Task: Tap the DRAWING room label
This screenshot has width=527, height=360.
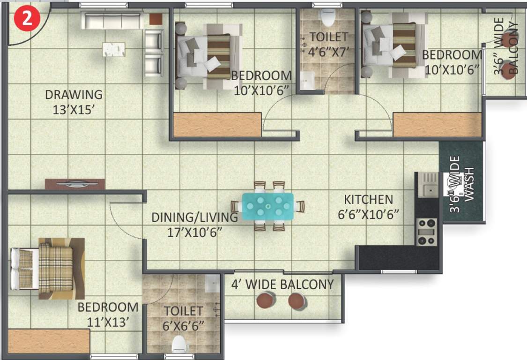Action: pyautogui.click(x=74, y=95)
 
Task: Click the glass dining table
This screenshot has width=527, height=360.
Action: pyautogui.click(x=267, y=206)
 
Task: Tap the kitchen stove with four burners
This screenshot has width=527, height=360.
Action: pyautogui.click(x=427, y=232)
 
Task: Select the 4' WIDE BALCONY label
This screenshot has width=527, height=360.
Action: pyautogui.click(x=283, y=285)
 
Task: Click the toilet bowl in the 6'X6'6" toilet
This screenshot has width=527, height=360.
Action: pyautogui.click(x=179, y=345)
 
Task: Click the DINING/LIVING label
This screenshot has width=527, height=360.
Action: pyautogui.click(x=194, y=217)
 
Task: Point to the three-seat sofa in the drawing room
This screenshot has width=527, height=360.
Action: pyautogui.click(x=112, y=21)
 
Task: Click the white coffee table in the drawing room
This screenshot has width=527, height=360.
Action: pyautogui.click(x=114, y=49)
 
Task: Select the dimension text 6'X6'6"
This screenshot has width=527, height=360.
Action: pyautogui.click(x=183, y=326)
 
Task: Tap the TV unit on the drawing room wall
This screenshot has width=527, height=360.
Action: pyautogui.click(x=74, y=184)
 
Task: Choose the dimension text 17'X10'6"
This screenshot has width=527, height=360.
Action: pyautogui.click(x=194, y=232)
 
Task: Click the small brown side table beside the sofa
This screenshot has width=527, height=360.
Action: pyautogui.click(x=156, y=19)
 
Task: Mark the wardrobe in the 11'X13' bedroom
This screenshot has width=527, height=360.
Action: pyautogui.click(x=49, y=341)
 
